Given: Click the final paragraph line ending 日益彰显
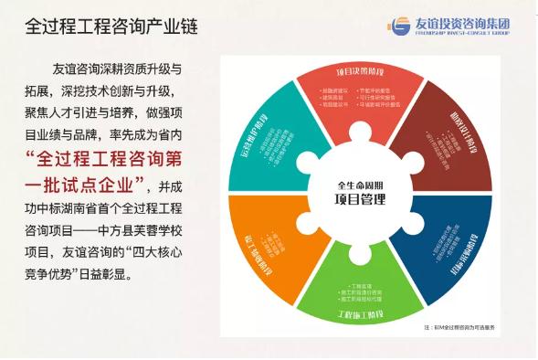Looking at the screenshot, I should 91,265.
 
